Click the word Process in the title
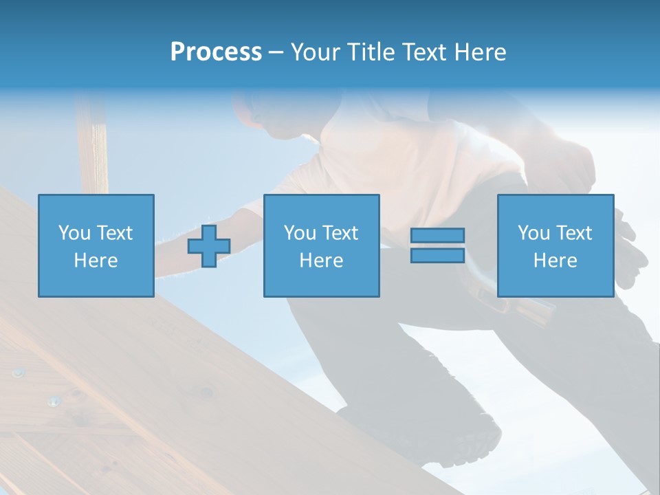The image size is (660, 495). (x=216, y=52)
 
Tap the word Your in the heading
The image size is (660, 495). (x=316, y=52)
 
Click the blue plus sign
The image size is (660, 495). (x=209, y=246)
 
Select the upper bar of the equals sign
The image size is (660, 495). (x=437, y=236)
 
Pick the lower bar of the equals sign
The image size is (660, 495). (x=437, y=255)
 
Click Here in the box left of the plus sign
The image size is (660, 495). (x=96, y=261)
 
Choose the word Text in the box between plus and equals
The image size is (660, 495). (x=340, y=233)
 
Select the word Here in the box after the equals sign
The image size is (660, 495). (x=555, y=261)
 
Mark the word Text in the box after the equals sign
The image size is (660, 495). (x=574, y=233)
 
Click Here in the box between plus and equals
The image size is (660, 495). (x=321, y=261)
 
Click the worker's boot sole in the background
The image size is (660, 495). (x=474, y=440)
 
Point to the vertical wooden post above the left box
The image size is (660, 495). (x=92, y=144)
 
